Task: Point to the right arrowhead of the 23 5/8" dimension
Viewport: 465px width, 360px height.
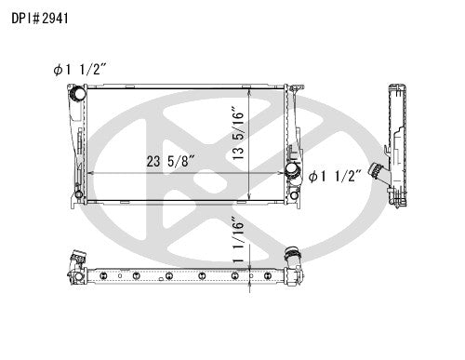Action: (x=285, y=174)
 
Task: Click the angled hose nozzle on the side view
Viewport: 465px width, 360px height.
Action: (x=378, y=173)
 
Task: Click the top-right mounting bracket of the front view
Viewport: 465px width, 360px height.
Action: (x=293, y=91)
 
